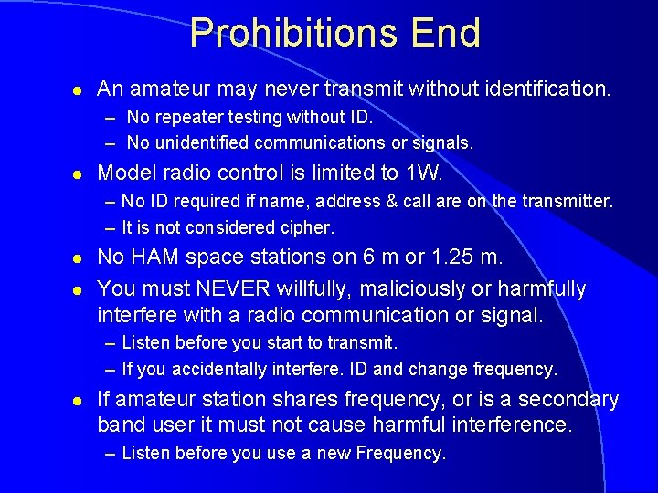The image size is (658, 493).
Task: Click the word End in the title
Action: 445,34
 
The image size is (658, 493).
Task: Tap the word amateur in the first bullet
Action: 164,89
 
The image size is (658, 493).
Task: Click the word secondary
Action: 565,400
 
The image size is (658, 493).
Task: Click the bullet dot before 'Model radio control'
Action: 80,173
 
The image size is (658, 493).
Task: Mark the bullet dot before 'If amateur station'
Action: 80,401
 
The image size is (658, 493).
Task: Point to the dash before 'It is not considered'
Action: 110,227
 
